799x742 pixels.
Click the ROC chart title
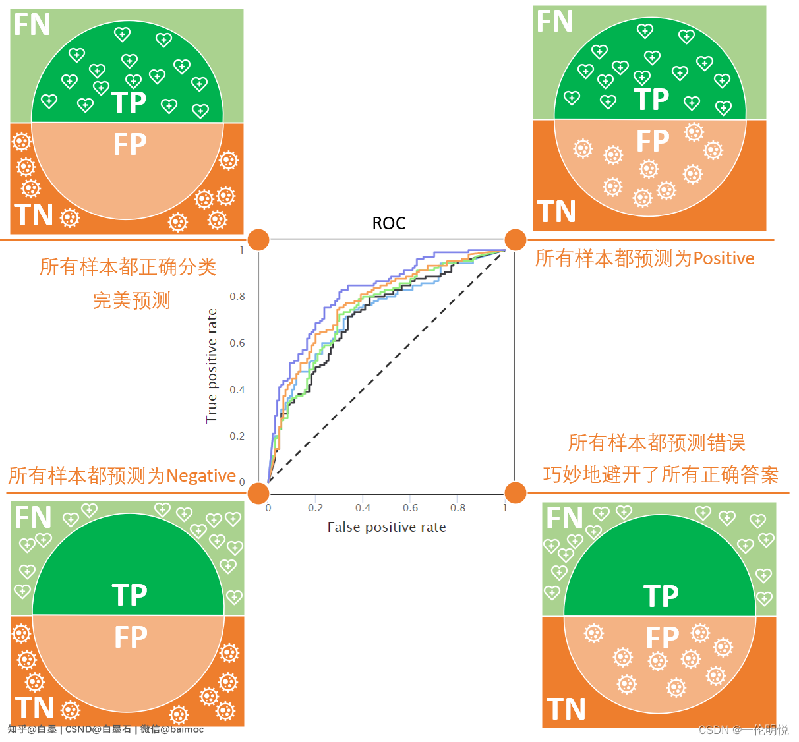click(x=389, y=223)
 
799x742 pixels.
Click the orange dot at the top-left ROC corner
click(x=258, y=240)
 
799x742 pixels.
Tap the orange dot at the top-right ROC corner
click(x=515, y=240)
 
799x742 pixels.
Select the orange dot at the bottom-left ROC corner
click(x=258, y=492)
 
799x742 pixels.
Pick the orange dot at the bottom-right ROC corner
click(x=515, y=492)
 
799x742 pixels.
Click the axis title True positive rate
click(x=212, y=366)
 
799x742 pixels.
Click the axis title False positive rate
click(x=386, y=527)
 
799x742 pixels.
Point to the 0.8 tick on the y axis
click(x=237, y=297)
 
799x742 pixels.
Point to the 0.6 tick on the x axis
click(x=410, y=508)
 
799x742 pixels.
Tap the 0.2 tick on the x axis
click(x=315, y=508)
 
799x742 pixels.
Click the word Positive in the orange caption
click(x=723, y=258)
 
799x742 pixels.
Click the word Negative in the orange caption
click(x=201, y=476)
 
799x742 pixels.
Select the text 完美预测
click(x=132, y=300)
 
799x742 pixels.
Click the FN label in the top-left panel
click(x=32, y=25)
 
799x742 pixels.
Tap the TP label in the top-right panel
click(x=652, y=100)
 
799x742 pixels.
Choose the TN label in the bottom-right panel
click(x=566, y=710)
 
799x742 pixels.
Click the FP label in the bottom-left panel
click(x=131, y=637)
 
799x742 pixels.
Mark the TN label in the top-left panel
click(x=34, y=215)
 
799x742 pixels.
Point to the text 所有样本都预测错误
click(x=657, y=443)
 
